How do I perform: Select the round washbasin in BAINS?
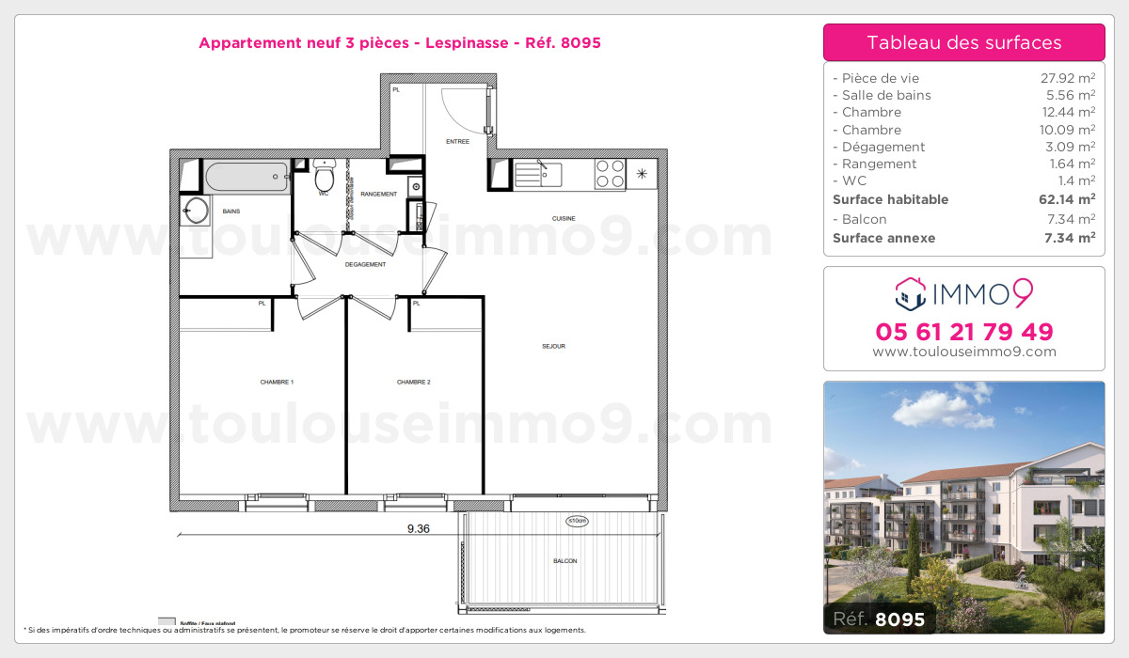point(196,210)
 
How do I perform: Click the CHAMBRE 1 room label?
point(278,382)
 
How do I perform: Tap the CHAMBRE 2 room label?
point(414,382)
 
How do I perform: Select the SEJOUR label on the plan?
point(553,346)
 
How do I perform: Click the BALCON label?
point(564,561)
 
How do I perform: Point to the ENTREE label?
point(458,141)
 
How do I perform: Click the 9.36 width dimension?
point(418,528)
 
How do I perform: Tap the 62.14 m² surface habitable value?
point(1073,199)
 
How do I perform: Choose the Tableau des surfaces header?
point(963,42)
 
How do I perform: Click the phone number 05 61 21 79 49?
point(963,332)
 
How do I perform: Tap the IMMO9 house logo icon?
point(910,294)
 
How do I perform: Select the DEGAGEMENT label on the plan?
point(365,264)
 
